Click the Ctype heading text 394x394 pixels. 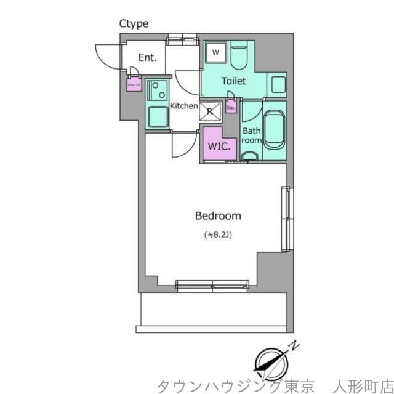(x=134, y=24)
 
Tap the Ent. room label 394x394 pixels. (x=147, y=58)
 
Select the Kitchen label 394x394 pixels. (x=183, y=106)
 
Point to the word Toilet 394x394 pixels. (x=234, y=81)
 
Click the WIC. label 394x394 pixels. (x=219, y=147)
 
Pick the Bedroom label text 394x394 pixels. (x=218, y=216)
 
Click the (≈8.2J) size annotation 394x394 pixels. (x=218, y=235)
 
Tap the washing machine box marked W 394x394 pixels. (x=216, y=52)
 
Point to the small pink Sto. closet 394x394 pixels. (x=231, y=108)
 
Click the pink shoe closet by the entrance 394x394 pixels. (x=132, y=84)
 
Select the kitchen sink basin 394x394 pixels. (x=158, y=116)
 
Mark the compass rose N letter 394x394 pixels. (x=296, y=345)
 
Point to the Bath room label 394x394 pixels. (x=251, y=135)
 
